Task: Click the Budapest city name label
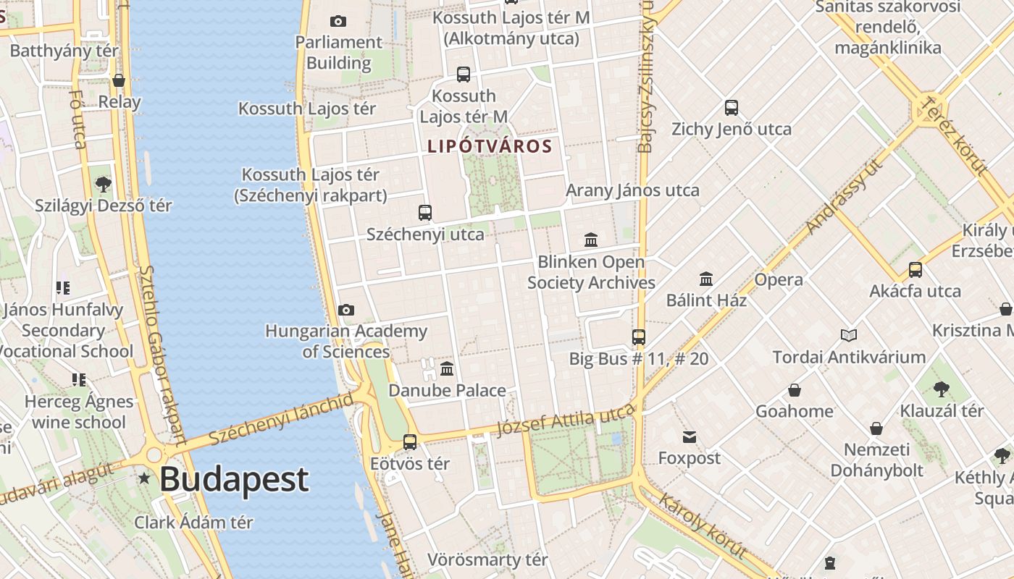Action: (234, 479)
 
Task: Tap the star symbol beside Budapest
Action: (145, 478)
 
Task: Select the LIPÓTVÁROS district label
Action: (490, 146)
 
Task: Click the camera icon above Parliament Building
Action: (338, 22)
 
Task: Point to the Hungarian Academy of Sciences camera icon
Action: (346, 310)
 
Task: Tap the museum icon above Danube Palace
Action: (447, 369)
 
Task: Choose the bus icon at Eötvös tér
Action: (410, 441)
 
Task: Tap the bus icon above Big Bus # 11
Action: (638, 337)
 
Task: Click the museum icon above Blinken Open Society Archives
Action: (591, 240)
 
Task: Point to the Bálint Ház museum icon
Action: (706, 279)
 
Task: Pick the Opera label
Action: (779, 280)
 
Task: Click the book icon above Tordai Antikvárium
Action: (849, 335)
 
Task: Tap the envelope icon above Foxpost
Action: (689, 437)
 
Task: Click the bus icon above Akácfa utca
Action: (915, 270)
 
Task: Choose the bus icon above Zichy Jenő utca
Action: (732, 108)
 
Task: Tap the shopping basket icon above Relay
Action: (119, 80)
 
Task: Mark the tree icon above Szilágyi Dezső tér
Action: (104, 184)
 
